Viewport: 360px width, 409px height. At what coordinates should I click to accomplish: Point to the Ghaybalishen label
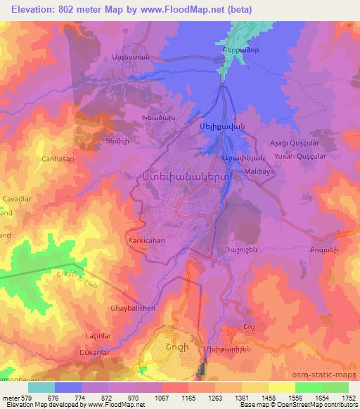pos(132,308)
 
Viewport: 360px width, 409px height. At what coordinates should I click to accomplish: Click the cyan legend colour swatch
pos(41,387)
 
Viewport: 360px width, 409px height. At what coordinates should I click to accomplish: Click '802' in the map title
pos(70,11)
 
